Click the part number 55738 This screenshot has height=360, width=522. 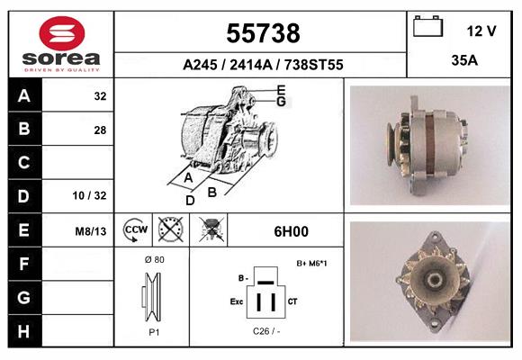tap(262, 34)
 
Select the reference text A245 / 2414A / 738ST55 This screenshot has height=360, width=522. tap(262, 66)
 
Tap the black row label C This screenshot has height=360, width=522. tap(23, 163)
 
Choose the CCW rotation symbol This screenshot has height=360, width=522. tap(136, 230)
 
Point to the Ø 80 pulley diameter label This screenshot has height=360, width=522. tap(153, 259)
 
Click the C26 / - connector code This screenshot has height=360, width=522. tap(266, 331)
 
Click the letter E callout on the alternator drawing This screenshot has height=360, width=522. tap(281, 90)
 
